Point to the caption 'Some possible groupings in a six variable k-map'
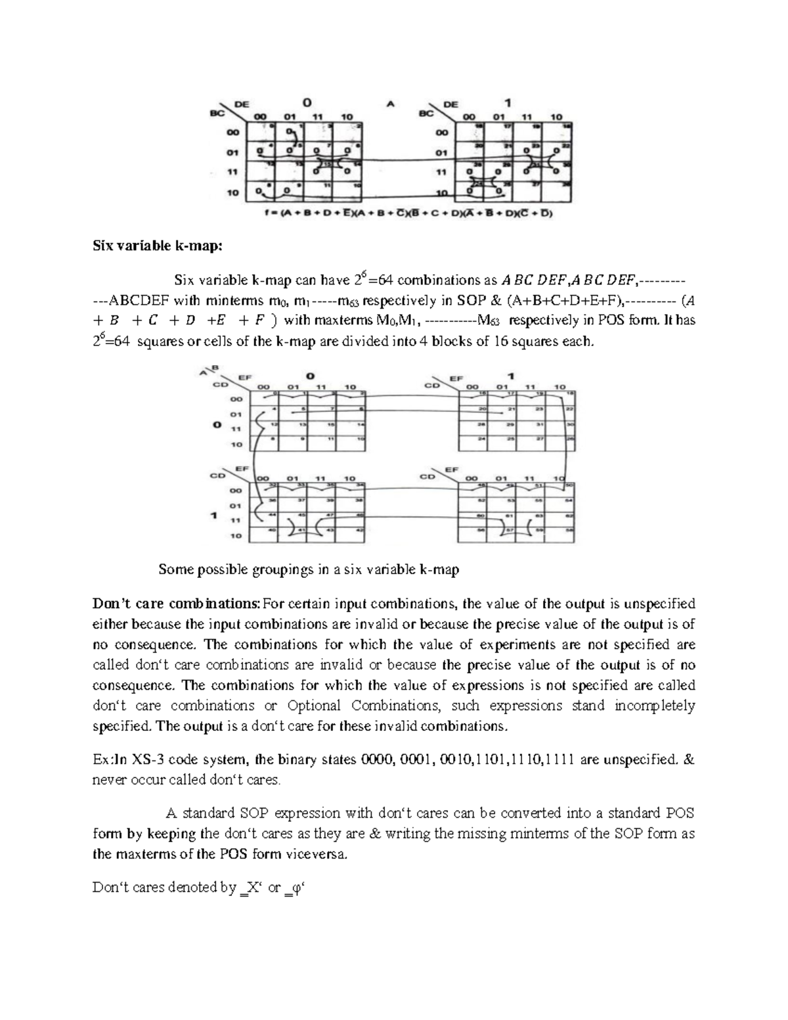coord(309,569)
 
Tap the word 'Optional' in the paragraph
coord(314,705)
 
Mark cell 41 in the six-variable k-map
coord(303,530)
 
